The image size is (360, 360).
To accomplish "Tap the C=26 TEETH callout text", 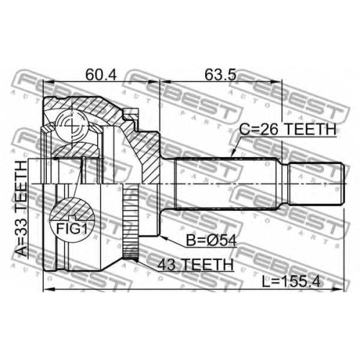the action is [x=288, y=130].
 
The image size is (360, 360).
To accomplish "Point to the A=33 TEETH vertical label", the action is [x=21, y=209].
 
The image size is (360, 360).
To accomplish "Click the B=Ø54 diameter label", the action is [x=212, y=240].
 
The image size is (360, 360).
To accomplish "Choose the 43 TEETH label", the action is [x=196, y=264].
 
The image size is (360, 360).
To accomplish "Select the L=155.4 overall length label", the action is [x=291, y=282].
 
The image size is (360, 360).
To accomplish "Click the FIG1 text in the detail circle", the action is [x=71, y=228].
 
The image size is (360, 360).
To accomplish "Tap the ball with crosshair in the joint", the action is [x=72, y=124].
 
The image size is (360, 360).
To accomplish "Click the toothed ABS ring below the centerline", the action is [x=130, y=222].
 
